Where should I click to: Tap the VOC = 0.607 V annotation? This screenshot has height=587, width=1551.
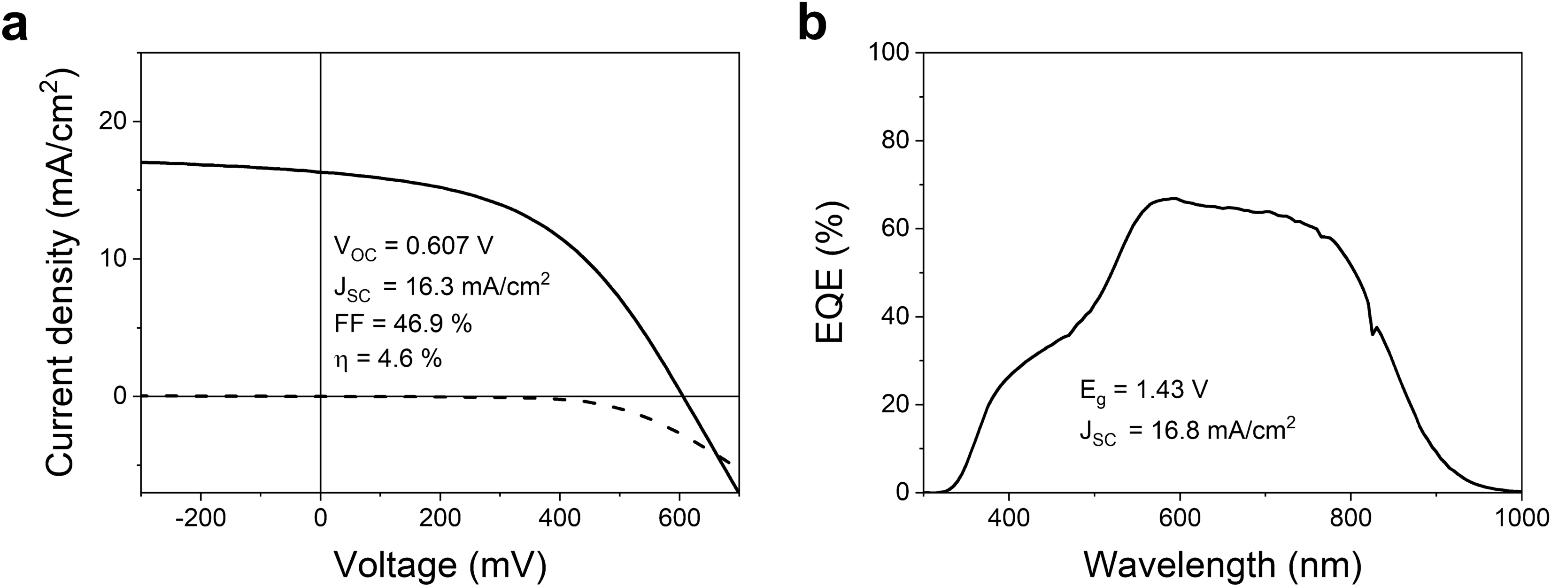click(x=414, y=247)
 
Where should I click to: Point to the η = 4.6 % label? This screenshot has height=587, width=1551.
click(x=388, y=359)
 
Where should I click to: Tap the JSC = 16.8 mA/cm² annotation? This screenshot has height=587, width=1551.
click(x=1187, y=431)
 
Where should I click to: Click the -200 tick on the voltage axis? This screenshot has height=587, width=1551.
click(x=200, y=519)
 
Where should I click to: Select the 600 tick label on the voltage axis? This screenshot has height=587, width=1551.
click(x=679, y=519)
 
